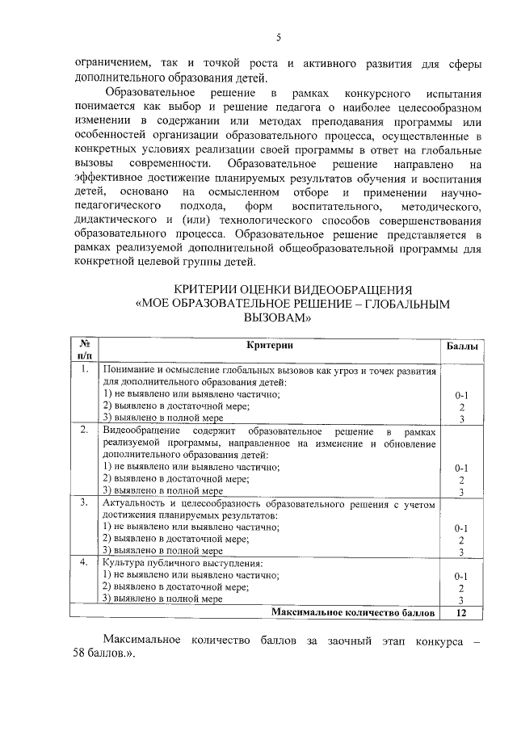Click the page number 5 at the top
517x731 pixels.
[x=276, y=37]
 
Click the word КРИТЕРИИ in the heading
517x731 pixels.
[x=208, y=290]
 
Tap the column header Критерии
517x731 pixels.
[x=270, y=346]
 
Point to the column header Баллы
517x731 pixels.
[x=461, y=346]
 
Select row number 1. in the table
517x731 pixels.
[x=84, y=370]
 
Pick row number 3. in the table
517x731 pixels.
[x=84, y=502]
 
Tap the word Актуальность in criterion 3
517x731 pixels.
[x=135, y=502]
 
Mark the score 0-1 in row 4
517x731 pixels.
[x=461, y=576]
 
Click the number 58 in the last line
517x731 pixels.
[x=80, y=655]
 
